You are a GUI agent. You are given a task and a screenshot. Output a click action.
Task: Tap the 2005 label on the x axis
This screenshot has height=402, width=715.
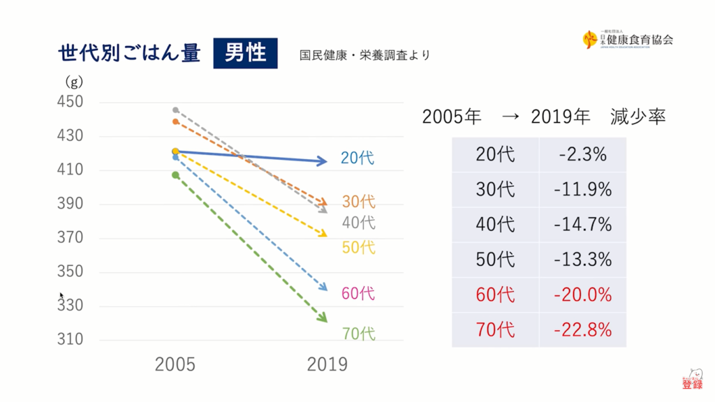pos(175,364)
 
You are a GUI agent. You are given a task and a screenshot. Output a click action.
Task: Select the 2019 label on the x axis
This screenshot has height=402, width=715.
pos(327,364)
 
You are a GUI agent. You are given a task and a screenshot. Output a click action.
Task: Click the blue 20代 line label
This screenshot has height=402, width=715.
pos(357,158)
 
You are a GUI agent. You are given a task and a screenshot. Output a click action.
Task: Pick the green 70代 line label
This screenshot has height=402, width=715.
pos(359,334)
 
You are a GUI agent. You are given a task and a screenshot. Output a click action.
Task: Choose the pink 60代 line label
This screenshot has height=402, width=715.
pos(358,294)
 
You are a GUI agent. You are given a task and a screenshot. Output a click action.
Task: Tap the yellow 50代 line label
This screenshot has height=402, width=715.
pos(359,247)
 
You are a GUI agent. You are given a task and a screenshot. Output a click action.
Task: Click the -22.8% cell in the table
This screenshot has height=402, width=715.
pos(582,329)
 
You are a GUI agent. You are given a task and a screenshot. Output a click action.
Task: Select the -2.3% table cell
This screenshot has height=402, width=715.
pos(582,154)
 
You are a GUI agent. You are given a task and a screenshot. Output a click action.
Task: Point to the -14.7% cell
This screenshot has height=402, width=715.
pos(582,224)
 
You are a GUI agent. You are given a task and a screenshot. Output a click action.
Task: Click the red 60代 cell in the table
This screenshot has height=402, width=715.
pos(494,294)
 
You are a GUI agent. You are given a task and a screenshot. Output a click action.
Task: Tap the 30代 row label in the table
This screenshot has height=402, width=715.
pos(494,189)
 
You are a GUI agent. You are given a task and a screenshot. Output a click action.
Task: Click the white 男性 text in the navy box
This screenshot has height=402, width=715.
pos(245,53)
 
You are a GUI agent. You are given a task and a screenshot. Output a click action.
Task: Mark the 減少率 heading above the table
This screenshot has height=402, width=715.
pos(637,116)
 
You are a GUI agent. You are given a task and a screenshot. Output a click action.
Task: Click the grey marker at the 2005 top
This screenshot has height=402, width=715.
pos(175,110)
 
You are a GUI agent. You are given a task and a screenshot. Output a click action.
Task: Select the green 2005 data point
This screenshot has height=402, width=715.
pos(176,175)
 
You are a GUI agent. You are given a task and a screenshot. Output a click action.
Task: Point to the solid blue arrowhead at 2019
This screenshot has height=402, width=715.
pos(322,162)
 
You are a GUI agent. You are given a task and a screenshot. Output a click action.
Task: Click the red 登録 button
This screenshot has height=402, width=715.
pos(692,384)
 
